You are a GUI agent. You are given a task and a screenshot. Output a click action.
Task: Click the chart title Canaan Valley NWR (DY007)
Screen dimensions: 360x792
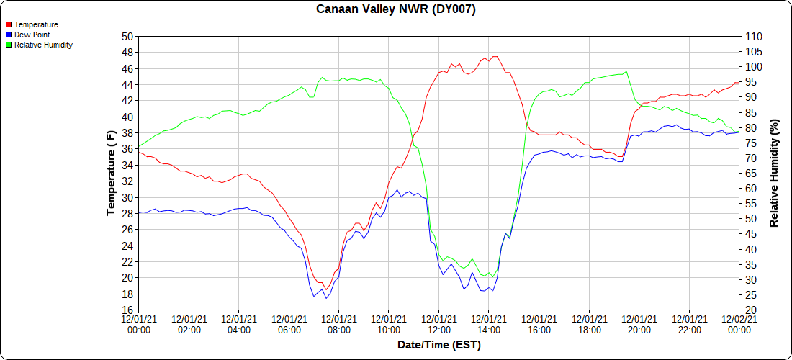(x=396, y=9)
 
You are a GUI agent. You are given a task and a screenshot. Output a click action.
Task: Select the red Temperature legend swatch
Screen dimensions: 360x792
(x=9, y=24)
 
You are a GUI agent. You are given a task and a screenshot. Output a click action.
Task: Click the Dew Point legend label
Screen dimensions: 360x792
(x=32, y=35)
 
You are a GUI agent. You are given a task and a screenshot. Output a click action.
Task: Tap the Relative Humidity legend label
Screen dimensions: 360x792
(x=43, y=45)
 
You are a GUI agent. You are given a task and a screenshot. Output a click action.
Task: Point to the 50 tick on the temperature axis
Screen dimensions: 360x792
(x=127, y=37)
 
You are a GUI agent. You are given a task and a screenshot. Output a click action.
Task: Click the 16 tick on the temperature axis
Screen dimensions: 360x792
(x=127, y=310)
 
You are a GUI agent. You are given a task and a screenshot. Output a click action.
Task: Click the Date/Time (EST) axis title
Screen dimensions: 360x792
(x=439, y=345)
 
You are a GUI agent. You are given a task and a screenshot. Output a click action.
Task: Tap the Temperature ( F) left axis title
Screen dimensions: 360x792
(x=111, y=173)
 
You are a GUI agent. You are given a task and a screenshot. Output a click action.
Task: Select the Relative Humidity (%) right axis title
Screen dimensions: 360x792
(x=774, y=173)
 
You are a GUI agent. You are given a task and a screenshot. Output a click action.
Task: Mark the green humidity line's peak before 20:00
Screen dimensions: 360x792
(x=627, y=71)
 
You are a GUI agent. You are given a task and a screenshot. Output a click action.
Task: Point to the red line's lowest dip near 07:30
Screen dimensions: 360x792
(x=326, y=289)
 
